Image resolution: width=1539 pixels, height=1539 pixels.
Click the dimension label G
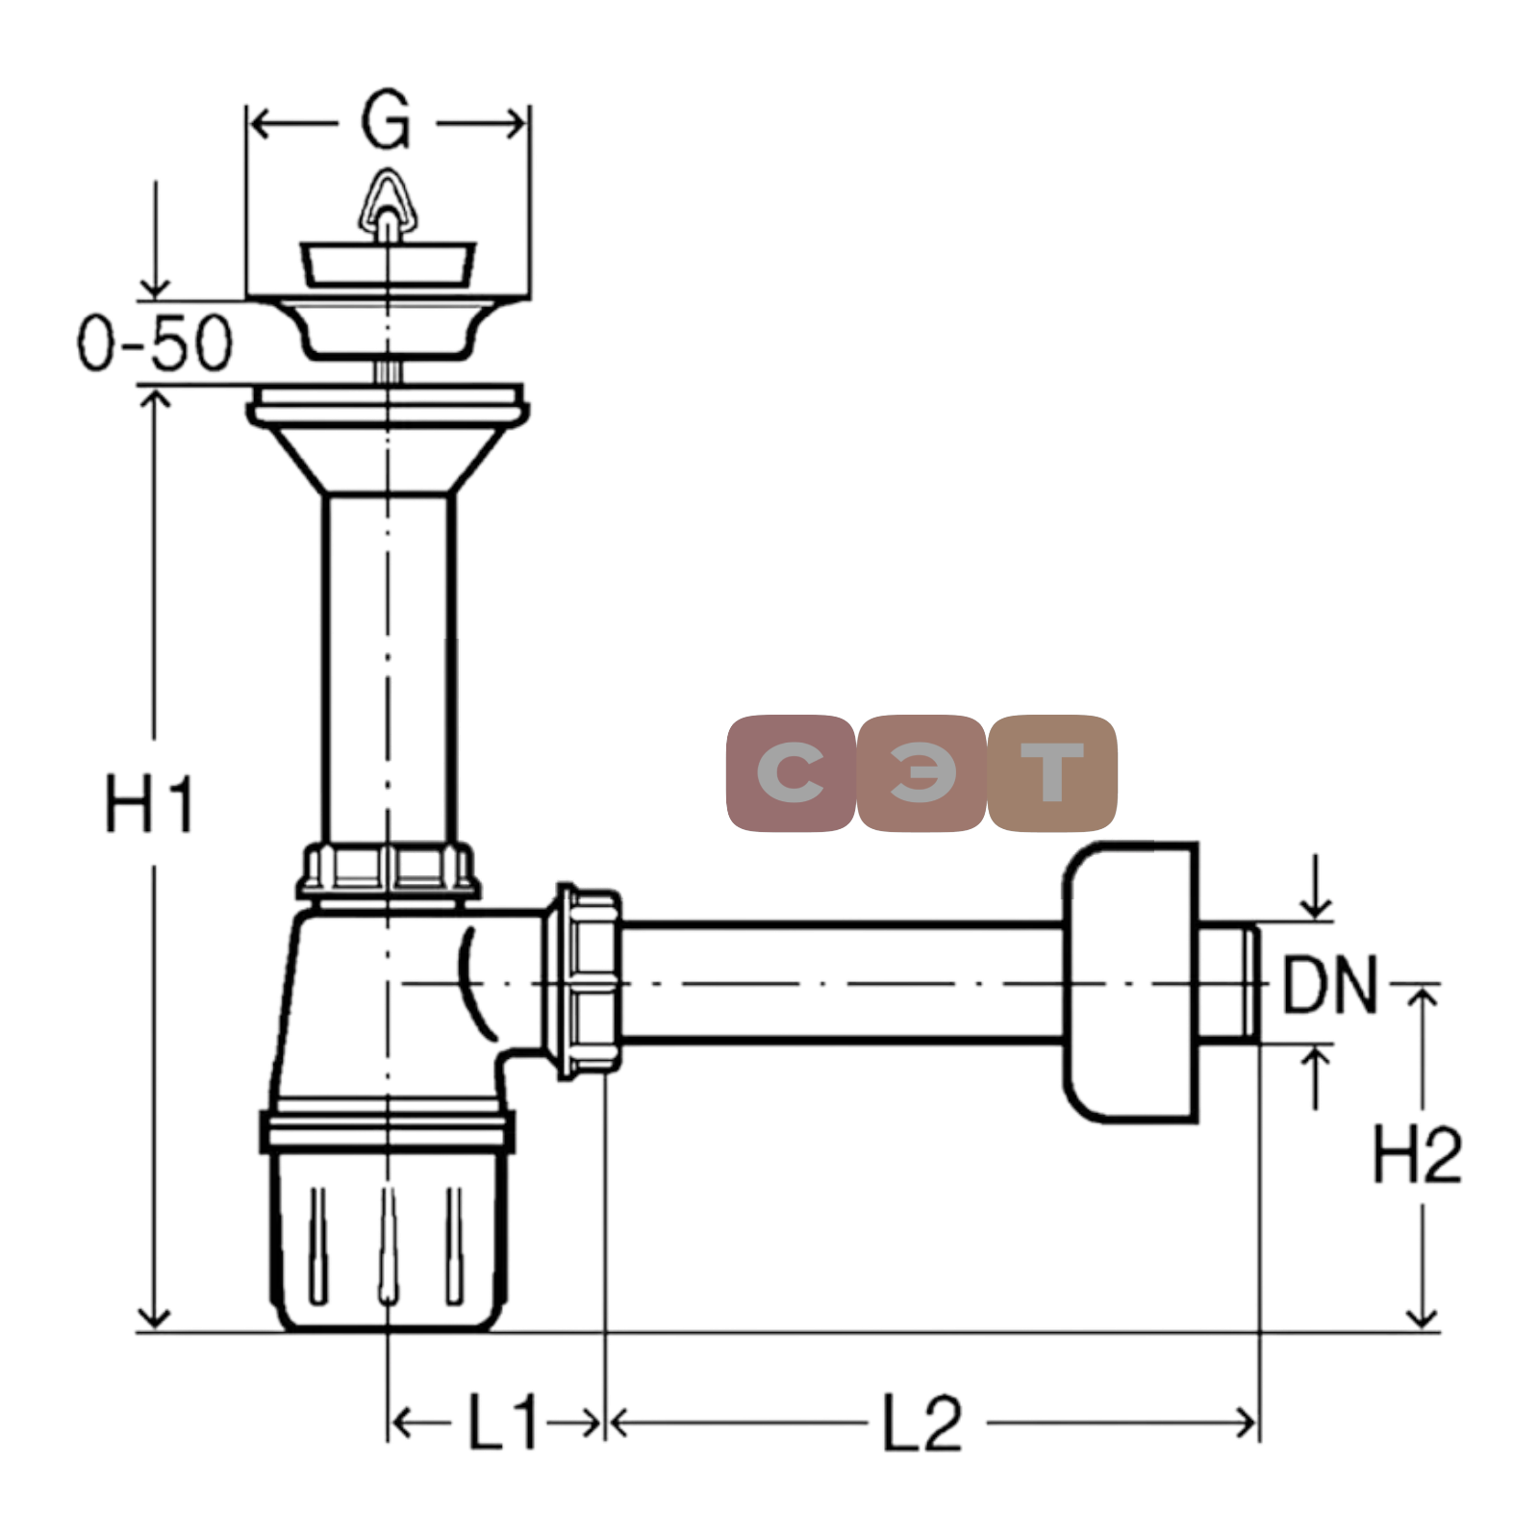click(386, 121)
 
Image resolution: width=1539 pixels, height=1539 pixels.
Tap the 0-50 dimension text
click(155, 342)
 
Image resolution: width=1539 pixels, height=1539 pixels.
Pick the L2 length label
click(921, 1423)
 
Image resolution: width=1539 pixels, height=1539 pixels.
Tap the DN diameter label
click(1330, 984)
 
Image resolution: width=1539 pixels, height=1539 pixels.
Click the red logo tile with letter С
click(791, 772)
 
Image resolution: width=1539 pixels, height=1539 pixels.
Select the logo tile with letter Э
click(921, 772)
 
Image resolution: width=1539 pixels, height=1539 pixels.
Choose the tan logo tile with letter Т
click(1052, 772)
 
